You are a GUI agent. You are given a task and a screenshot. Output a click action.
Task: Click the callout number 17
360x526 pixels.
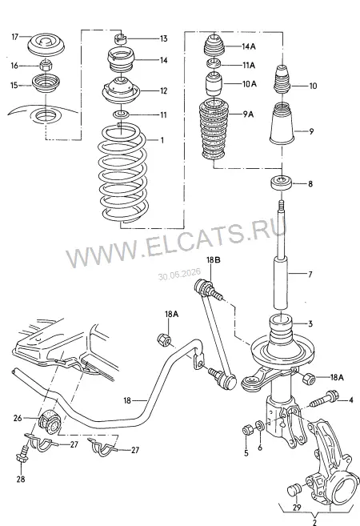coord(14,36)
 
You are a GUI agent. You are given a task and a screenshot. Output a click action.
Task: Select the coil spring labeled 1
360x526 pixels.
coord(123,175)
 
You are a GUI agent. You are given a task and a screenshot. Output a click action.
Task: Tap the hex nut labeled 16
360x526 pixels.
coord(46,65)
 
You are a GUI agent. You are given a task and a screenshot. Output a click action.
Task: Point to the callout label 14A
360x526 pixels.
coord(249,46)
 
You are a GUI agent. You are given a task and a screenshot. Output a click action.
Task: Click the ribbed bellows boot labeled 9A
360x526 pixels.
coord(214,130)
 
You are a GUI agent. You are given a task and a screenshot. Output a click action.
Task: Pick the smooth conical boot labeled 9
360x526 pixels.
coord(282,123)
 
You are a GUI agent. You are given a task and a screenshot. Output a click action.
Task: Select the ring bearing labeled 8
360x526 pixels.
coord(281,183)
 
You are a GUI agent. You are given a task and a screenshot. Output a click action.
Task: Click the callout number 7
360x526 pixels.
coord(310,275)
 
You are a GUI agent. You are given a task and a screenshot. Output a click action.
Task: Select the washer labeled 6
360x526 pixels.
coord(259,426)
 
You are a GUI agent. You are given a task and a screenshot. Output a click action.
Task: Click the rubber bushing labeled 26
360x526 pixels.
coord(50,420)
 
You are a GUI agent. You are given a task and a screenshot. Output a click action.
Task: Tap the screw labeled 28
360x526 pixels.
coord(22,453)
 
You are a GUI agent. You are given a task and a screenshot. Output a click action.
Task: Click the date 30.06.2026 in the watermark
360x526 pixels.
coord(179,274)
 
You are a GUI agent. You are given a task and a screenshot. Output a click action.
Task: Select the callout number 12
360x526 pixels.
coord(163,91)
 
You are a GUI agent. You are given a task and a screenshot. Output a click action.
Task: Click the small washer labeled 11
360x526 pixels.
coord(122,114)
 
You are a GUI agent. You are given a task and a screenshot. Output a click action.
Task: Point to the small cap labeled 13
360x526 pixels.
coord(119,38)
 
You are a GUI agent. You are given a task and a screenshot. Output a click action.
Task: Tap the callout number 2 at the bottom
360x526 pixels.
coord(314,522)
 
